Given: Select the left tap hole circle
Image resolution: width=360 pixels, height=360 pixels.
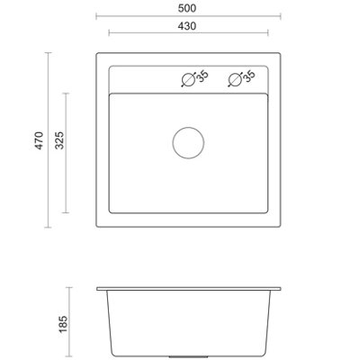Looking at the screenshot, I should pyautogui.click(x=188, y=79).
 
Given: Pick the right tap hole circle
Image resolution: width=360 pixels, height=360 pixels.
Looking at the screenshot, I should pyautogui.click(x=236, y=79).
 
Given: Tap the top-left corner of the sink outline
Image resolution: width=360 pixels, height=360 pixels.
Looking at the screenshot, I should pyautogui.click(x=95, y=56).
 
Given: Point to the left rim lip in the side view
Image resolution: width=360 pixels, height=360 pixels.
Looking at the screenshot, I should pyautogui.click(x=100, y=289).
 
